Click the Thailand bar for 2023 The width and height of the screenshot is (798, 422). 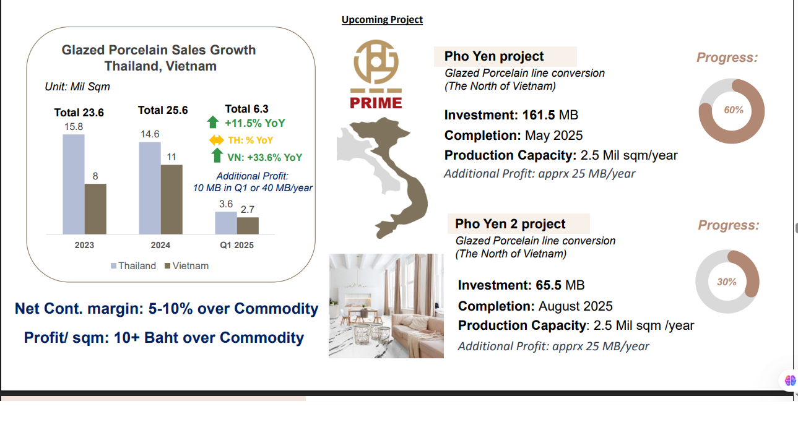pyautogui.click(x=74, y=184)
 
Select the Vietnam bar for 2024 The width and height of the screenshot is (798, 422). pyautogui.click(x=171, y=199)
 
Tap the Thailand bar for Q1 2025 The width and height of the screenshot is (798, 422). pyautogui.click(x=226, y=223)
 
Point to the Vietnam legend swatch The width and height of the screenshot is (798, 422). pyautogui.click(x=167, y=265)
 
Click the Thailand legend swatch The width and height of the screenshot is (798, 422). pyautogui.click(x=114, y=265)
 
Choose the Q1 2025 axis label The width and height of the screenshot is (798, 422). pyautogui.click(x=236, y=245)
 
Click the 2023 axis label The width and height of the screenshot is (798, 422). pyautogui.click(x=84, y=245)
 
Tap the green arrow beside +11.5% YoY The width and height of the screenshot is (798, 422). pyautogui.click(x=213, y=122)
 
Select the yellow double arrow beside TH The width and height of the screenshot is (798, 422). pyautogui.click(x=217, y=140)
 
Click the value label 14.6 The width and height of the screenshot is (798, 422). pyautogui.click(x=150, y=134)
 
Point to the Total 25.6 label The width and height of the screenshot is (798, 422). pyautogui.click(x=163, y=110)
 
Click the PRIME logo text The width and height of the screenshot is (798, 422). pyautogui.click(x=376, y=103)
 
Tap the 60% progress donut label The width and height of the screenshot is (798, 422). pyautogui.click(x=734, y=110)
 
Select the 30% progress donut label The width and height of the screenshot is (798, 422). pyautogui.click(x=727, y=282)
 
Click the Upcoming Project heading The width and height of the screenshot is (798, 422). pyautogui.click(x=382, y=19)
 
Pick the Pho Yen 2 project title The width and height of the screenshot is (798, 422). pyautogui.click(x=510, y=224)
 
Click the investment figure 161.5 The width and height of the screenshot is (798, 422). pyautogui.click(x=539, y=115)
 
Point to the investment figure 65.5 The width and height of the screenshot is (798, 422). pyautogui.click(x=549, y=285)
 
